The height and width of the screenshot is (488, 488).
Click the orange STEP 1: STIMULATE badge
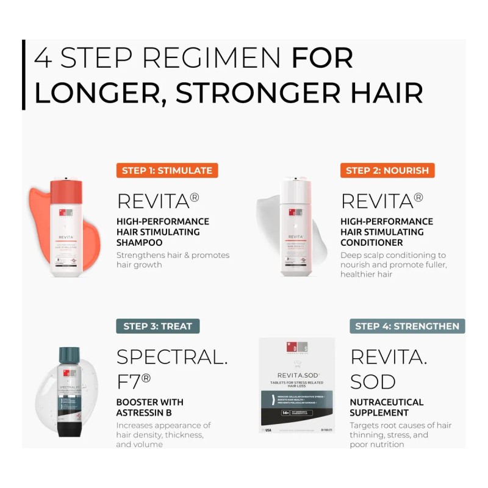pos(167,170)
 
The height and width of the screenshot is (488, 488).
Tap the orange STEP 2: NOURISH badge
pos(387,170)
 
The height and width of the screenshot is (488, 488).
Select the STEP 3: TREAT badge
pos(157,326)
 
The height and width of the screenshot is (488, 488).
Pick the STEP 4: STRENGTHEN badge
pos(407,326)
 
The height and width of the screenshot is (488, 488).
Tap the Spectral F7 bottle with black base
pos(70,390)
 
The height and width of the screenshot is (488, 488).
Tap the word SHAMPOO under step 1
pos(140,242)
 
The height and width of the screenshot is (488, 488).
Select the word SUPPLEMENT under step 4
pos(379,412)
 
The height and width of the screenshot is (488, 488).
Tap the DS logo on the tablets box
pos(296,348)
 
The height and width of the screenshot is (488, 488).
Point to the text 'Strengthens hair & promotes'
pos(173,255)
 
